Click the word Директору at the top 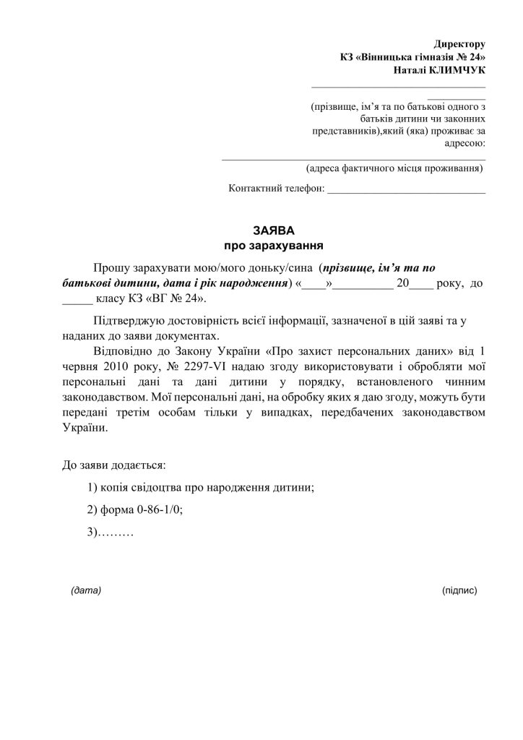(x=459, y=45)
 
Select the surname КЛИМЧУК (x=458, y=70)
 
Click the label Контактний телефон (x=277, y=189)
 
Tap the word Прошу (x=111, y=268)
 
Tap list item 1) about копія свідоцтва (x=200, y=487)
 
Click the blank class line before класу (x=78, y=299)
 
